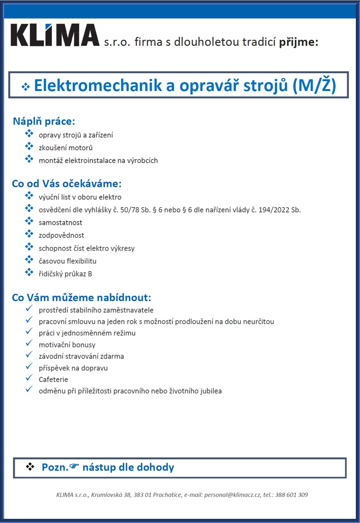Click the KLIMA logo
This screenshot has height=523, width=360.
(x=55, y=35)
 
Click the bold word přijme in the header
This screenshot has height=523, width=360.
(x=299, y=42)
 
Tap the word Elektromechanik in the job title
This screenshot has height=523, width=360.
(x=98, y=86)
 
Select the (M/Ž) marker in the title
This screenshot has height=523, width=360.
(x=314, y=86)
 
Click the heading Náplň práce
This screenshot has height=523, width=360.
(x=44, y=121)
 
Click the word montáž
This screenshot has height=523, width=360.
(x=50, y=160)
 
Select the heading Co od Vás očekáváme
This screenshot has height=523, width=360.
(x=67, y=184)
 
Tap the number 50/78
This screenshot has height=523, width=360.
(x=130, y=210)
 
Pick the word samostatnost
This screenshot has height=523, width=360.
(x=60, y=223)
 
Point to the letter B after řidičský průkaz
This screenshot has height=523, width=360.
(x=90, y=274)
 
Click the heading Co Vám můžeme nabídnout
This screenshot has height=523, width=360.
(x=81, y=298)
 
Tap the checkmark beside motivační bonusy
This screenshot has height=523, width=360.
(x=29, y=343)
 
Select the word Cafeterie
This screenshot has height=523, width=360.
(x=53, y=379)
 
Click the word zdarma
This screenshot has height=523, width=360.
(x=112, y=356)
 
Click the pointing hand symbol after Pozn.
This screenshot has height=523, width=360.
(x=74, y=466)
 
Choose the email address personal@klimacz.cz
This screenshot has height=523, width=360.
(x=232, y=495)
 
